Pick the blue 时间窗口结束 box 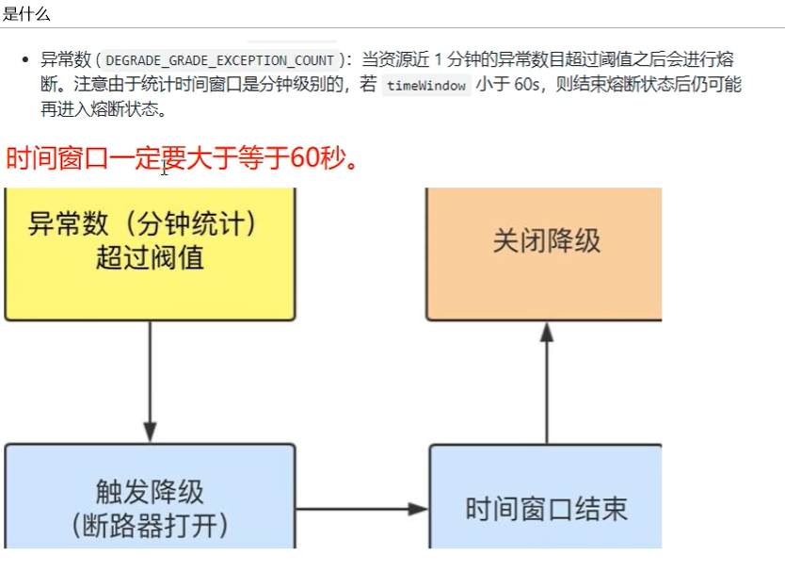pos(546,510)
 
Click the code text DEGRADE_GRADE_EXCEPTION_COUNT pos(219,60)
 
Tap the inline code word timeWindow pos(426,85)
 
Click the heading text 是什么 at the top pos(25,14)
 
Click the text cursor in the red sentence pos(165,167)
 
